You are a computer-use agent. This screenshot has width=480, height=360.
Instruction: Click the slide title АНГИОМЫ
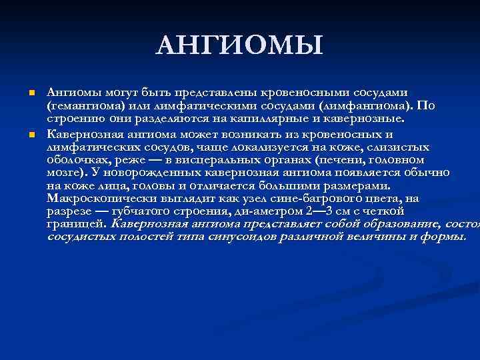coord(239,46)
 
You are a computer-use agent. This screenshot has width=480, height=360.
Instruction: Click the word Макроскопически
coord(101,199)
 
